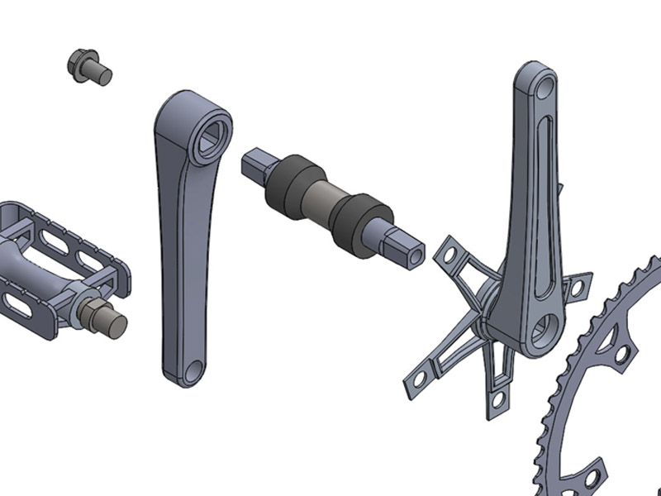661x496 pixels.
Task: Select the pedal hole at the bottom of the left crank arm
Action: [191, 372]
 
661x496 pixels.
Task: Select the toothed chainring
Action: [611, 389]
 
